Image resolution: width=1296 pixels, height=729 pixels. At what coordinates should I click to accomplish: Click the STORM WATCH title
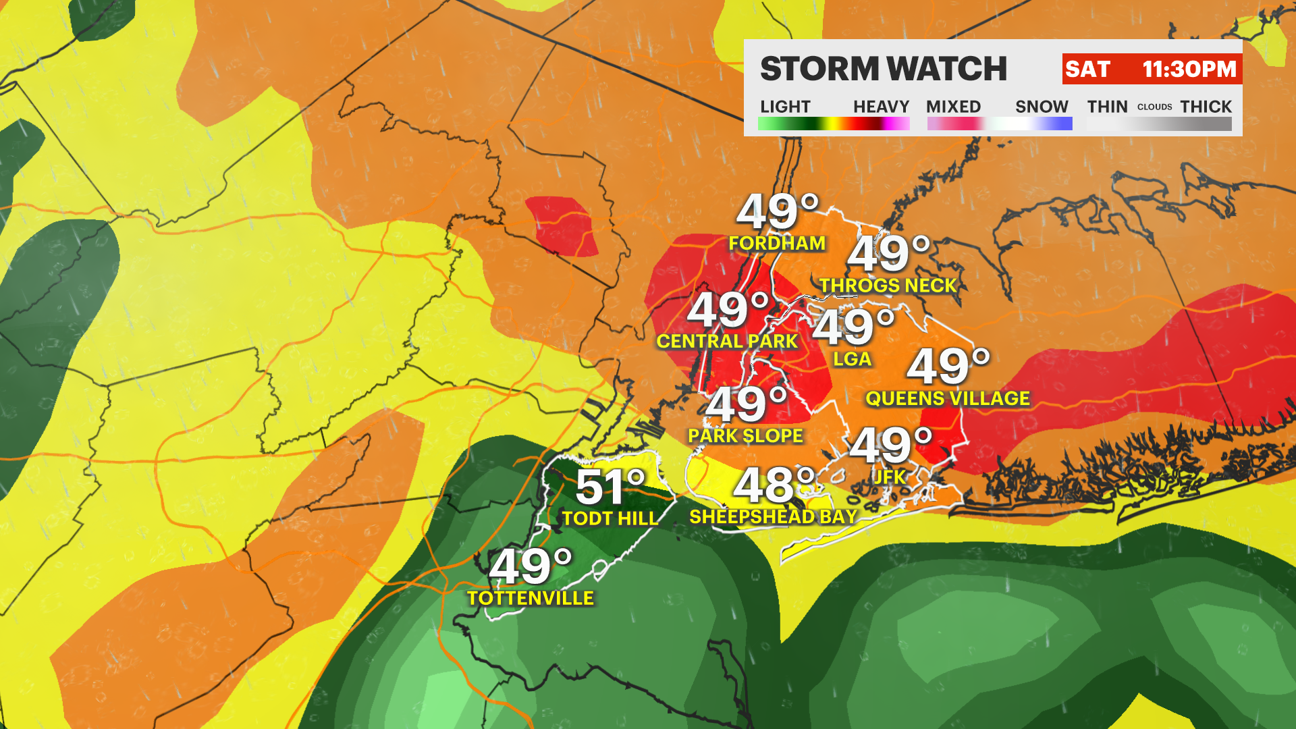coord(883,69)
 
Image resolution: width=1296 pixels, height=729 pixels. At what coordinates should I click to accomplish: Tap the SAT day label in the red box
coord(1087,69)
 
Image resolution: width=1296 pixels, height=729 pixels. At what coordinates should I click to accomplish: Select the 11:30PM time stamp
coord(1189,69)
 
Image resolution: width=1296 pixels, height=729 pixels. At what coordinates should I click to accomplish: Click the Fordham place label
coord(777,243)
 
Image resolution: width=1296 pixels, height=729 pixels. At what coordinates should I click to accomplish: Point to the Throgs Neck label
coord(888,286)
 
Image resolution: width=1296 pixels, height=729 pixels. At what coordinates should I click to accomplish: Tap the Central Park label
coord(727,342)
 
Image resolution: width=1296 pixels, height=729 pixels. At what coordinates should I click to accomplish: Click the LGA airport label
coord(852,359)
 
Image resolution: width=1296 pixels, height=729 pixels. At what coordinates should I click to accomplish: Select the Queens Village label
coord(948,399)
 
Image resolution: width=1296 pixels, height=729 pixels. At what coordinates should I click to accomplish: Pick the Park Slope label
coord(745,436)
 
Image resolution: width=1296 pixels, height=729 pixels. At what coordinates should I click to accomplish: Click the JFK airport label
coord(890,477)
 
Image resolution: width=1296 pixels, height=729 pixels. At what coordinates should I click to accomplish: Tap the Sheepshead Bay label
coord(773,517)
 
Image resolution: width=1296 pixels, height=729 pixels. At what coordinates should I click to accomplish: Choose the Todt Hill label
coord(610,518)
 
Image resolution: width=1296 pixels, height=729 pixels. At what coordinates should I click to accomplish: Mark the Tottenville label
coord(531,598)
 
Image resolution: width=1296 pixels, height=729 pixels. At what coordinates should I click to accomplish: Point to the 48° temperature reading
coord(774,485)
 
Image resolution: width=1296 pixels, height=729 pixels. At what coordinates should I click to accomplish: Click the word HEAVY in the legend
coord(881,107)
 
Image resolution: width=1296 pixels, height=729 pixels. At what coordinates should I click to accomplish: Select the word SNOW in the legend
coord(1042,107)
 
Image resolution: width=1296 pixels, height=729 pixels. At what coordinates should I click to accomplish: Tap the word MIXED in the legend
coord(953,107)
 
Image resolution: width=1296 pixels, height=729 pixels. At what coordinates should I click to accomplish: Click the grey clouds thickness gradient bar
coord(1159,124)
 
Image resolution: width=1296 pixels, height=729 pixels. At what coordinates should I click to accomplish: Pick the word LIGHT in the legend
coord(785,107)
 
